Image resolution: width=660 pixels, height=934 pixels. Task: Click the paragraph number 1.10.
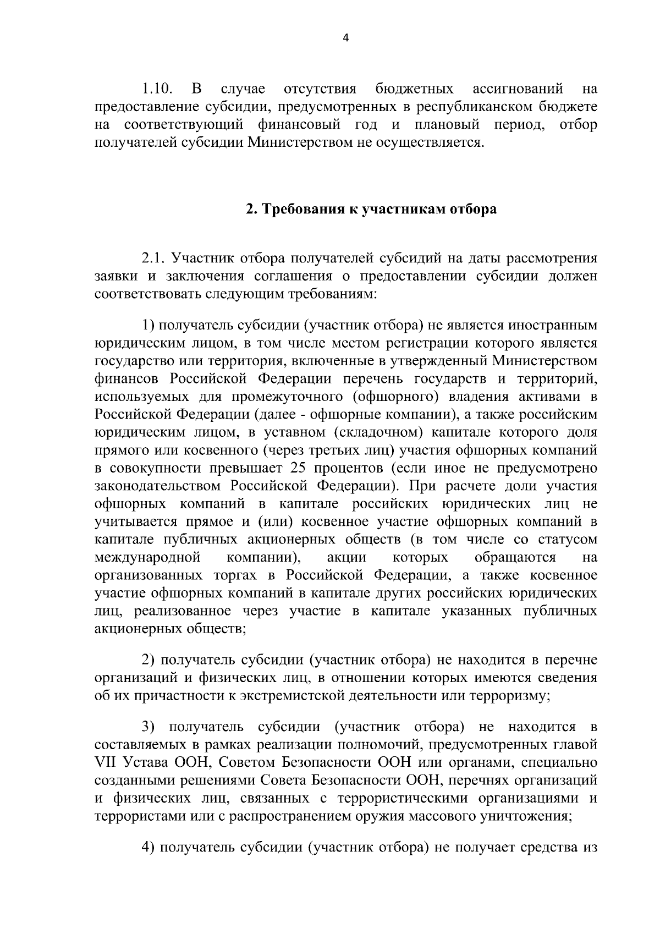coord(158,89)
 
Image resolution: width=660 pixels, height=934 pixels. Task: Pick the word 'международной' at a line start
coord(146,558)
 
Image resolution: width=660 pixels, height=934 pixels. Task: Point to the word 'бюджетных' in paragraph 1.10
coord(415,89)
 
